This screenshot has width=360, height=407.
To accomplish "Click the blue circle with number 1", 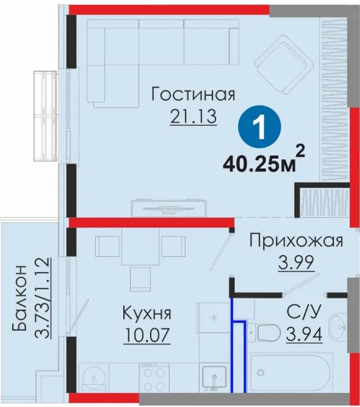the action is (260, 127).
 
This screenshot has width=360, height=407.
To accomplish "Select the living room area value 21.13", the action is (193, 116).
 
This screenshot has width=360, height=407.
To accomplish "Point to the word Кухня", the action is (147, 313).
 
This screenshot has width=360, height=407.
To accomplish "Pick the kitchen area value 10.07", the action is (147, 335).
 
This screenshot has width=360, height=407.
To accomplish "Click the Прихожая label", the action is (296, 240).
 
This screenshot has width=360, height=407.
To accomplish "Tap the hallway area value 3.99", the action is (296, 263).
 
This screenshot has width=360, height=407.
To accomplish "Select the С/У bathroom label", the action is (304, 311).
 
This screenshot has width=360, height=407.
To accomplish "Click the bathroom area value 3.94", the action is (304, 334).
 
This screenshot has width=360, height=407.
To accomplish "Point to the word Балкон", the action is (20, 298).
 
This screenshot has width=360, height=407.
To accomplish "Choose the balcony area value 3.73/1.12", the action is (42, 298).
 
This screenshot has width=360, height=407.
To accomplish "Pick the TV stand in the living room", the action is (169, 208).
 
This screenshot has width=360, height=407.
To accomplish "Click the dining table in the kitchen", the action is (141, 246).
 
